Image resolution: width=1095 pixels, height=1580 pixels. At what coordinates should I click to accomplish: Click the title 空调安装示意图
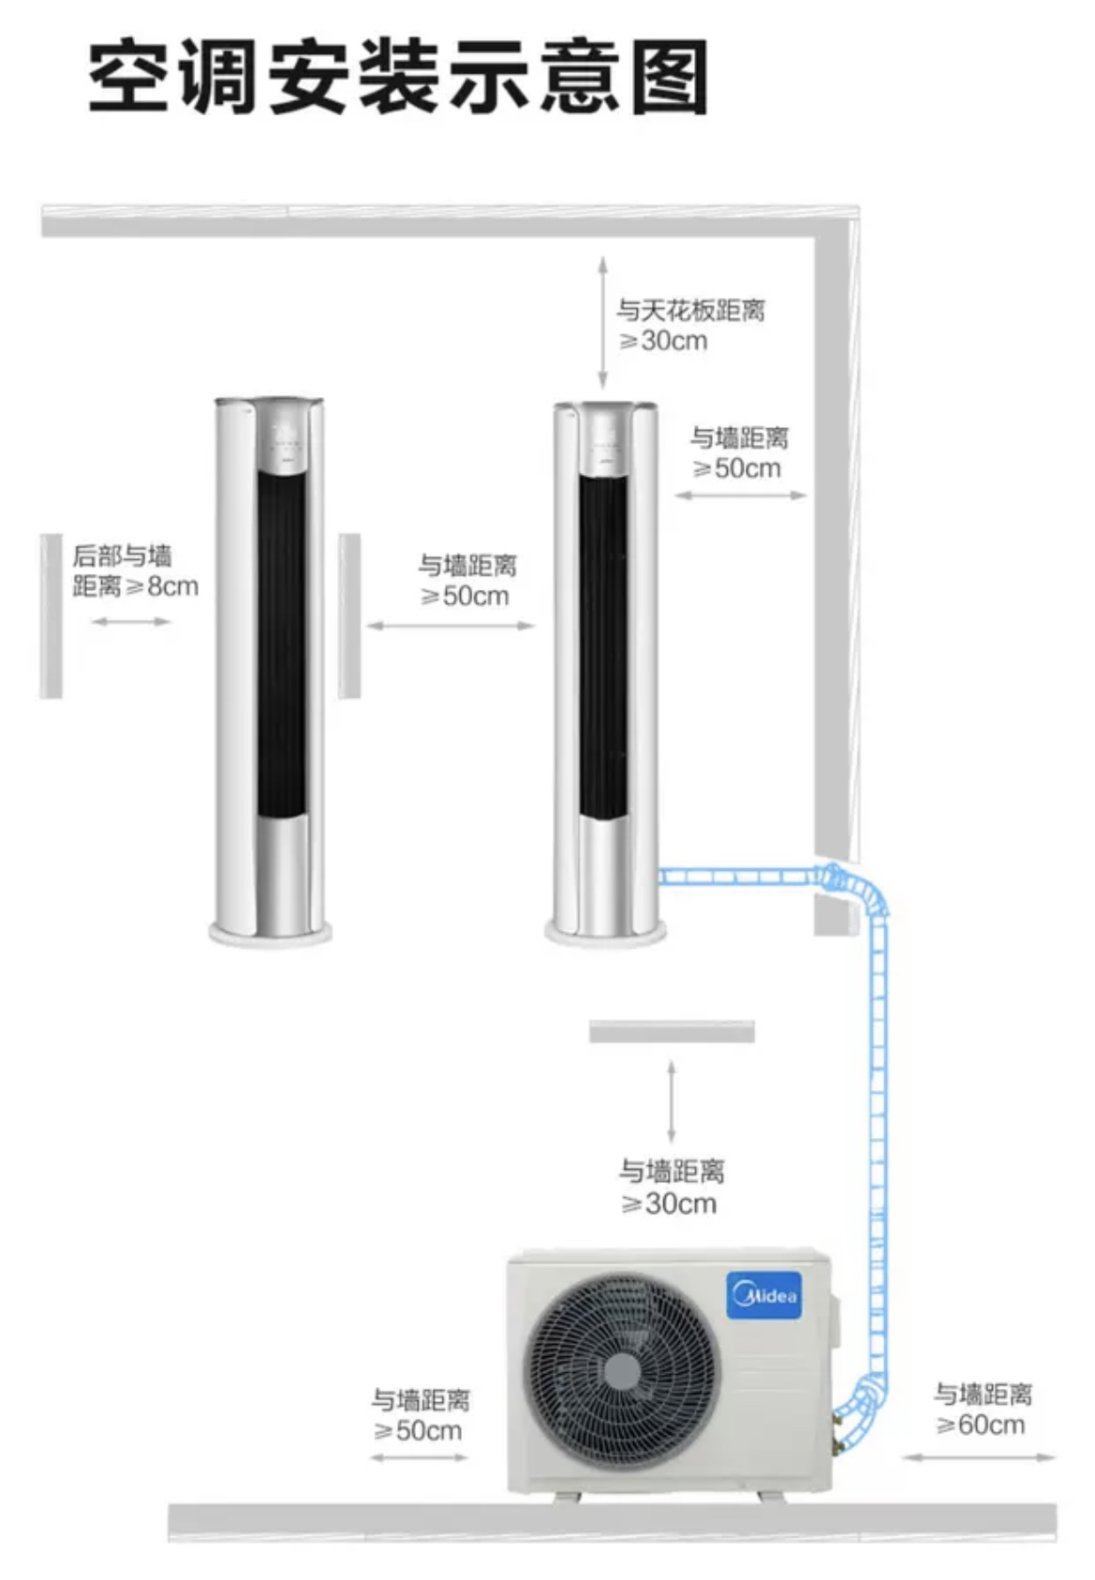398,77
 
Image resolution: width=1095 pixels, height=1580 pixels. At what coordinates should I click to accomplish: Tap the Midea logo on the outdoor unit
764,1295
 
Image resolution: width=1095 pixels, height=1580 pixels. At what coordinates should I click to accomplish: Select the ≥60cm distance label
982,1410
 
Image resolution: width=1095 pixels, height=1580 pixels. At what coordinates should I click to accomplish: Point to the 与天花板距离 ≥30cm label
690,324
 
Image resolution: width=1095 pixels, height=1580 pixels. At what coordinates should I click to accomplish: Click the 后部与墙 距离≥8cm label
134,570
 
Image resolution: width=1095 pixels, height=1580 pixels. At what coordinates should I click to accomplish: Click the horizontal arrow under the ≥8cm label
131,621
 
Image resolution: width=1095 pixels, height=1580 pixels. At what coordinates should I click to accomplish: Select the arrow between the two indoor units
450,626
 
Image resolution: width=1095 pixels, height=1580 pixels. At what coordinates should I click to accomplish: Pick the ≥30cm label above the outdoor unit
671,1187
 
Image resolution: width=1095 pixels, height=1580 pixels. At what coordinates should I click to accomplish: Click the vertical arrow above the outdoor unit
671,1101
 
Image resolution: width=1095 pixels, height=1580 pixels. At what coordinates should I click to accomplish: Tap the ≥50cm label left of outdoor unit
420,1415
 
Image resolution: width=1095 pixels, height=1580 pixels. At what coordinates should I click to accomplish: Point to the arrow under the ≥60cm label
979,1456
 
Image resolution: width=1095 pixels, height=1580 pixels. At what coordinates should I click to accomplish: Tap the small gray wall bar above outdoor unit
672,1031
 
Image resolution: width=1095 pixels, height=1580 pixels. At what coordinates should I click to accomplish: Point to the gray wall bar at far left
51,615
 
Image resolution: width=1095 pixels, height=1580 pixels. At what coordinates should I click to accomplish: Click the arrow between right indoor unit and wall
740,495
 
